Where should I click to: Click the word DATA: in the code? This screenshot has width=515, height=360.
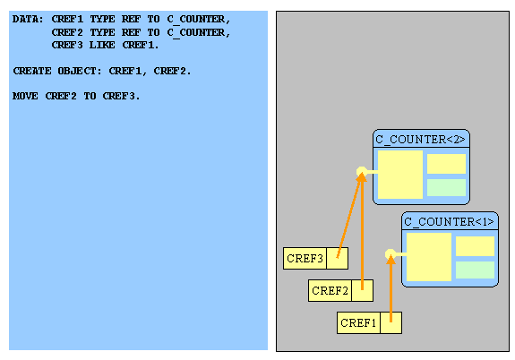pyautogui.click(x=28, y=19)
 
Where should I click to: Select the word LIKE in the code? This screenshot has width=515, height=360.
pyautogui.click(x=102, y=45)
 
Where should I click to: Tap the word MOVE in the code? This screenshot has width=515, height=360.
pyautogui.click(x=25, y=96)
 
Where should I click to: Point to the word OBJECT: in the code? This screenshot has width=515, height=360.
pyautogui.click(x=80, y=71)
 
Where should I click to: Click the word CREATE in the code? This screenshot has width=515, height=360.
pyautogui.click(x=32, y=71)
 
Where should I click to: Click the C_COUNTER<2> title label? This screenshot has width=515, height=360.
pyautogui.click(x=420, y=140)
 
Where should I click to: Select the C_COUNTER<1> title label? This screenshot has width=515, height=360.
pyautogui.click(x=449, y=222)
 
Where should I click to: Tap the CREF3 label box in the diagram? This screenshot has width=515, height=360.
pyautogui.click(x=305, y=259)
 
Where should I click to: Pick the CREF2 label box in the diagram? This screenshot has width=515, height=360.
pyautogui.click(x=330, y=291)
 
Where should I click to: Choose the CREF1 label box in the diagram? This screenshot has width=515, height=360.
pyautogui.click(x=358, y=323)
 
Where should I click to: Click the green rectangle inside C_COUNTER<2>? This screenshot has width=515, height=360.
pyautogui.click(x=446, y=187)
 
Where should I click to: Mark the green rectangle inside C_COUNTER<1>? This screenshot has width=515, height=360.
pyautogui.click(x=475, y=270)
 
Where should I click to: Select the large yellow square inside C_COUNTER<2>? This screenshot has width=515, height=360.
pyautogui.click(x=400, y=175)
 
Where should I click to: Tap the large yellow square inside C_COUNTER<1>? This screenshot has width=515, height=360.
pyautogui.click(x=429, y=257)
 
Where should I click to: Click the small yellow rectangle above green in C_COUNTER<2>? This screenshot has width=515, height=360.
pyautogui.click(x=446, y=164)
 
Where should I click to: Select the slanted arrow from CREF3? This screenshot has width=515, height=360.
pyautogui.click(x=349, y=216)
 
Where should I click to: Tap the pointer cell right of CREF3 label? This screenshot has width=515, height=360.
pyautogui.click(x=338, y=259)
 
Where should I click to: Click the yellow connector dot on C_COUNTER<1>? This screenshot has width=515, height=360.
pyautogui.click(x=391, y=254)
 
